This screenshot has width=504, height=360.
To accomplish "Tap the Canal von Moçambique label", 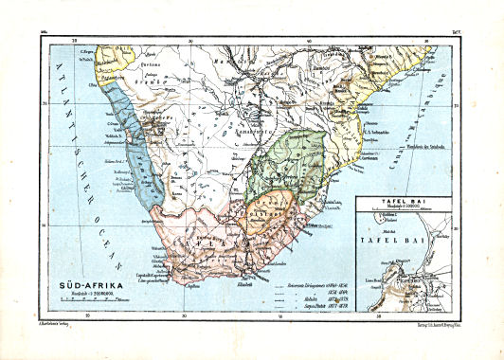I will coord(436,123).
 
